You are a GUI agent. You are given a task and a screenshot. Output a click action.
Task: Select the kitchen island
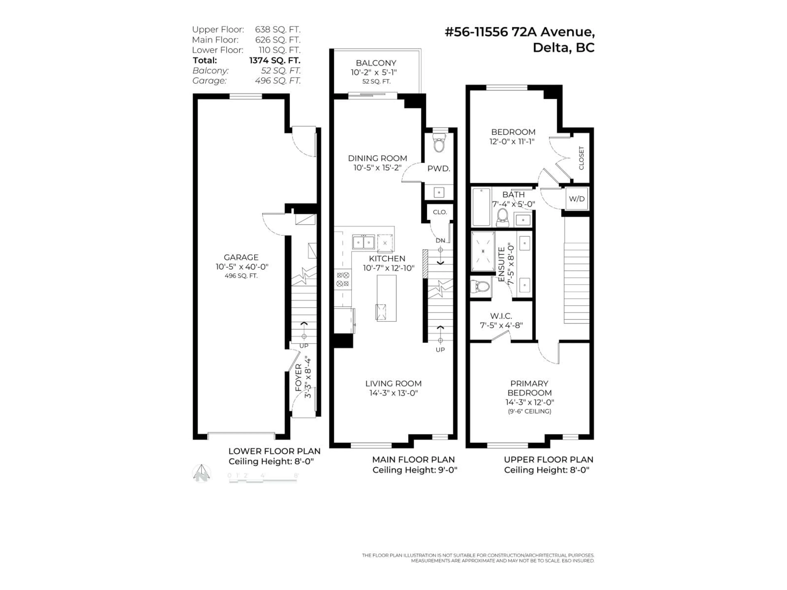pos(386,298)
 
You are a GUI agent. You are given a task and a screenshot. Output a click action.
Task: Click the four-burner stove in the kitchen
pos(343,279)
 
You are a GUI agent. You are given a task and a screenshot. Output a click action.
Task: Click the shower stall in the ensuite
pos(483,251)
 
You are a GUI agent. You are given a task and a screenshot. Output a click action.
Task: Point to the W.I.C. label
pos(501,316)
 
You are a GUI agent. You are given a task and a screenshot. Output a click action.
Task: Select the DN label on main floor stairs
pos(440,241)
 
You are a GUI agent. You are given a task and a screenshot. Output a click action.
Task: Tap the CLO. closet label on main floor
pos(440,212)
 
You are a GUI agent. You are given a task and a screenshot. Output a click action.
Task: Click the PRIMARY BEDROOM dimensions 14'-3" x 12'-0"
pos(529,402)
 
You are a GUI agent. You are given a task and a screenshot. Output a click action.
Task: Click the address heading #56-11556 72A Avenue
pos(520,32)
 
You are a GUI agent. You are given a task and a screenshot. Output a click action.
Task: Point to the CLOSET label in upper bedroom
pos(581,158)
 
